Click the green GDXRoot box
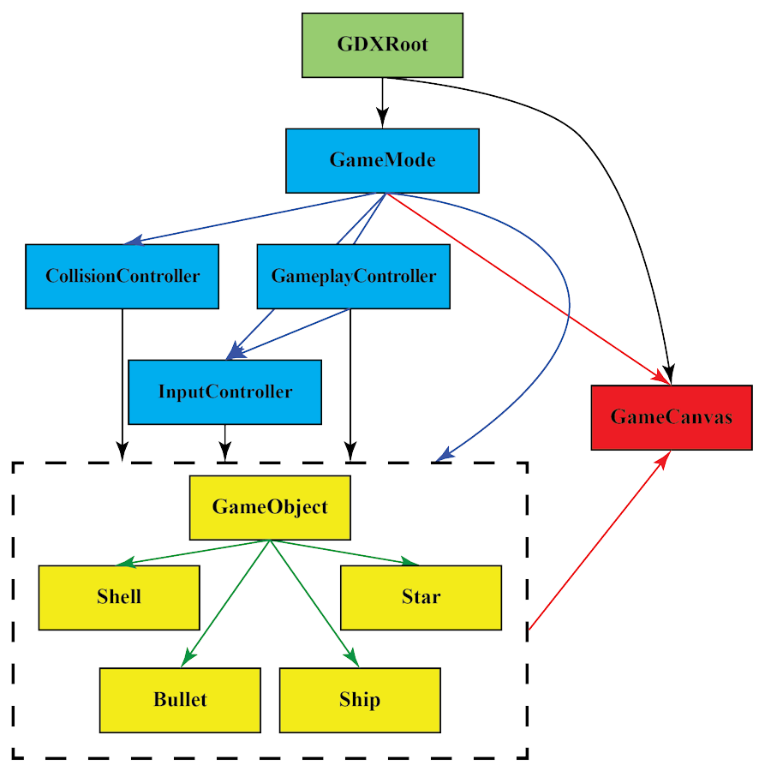(x=382, y=45)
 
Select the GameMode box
(x=382, y=160)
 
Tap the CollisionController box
(x=122, y=276)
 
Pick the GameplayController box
(x=353, y=276)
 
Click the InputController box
(x=224, y=391)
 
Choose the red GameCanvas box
(x=671, y=417)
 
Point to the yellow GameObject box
(x=270, y=507)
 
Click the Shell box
(x=119, y=597)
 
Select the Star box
(x=421, y=597)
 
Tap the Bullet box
(x=180, y=700)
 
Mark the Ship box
(x=360, y=700)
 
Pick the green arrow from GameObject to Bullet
(x=227, y=601)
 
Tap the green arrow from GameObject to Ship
(x=314, y=601)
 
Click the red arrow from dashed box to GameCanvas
(x=597, y=542)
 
